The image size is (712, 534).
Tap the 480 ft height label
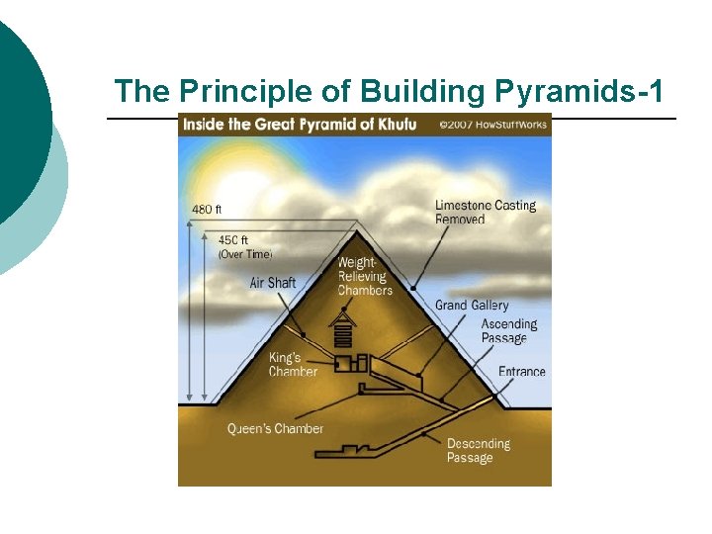pyautogui.click(x=207, y=209)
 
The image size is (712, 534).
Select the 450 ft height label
pyautogui.click(x=233, y=239)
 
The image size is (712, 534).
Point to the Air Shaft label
pyautogui.click(x=273, y=283)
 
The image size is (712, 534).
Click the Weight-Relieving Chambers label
pyautogui.click(x=365, y=276)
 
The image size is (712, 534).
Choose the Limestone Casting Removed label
pyautogui.click(x=485, y=212)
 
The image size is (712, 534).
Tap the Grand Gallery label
pyautogui.click(x=472, y=306)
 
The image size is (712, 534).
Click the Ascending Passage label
pyautogui.click(x=508, y=331)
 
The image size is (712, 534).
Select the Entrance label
pyautogui.click(x=521, y=372)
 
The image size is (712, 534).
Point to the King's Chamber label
pyautogui.click(x=293, y=364)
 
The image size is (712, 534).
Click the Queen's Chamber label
pyautogui.click(x=275, y=428)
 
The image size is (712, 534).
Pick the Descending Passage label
pyautogui.click(x=478, y=450)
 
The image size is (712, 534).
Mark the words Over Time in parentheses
pyautogui.click(x=245, y=254)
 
